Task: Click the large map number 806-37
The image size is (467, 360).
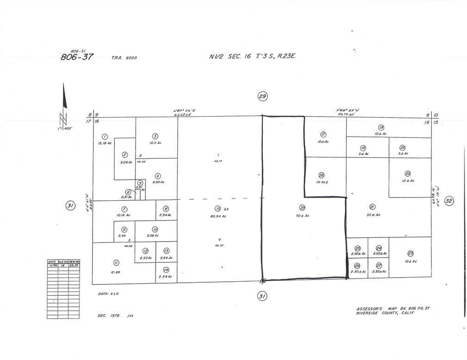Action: (x=77, y=57)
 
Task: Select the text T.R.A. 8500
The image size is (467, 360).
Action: (x=124, y=58)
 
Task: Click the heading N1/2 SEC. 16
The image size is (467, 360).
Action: (x=230, y=56)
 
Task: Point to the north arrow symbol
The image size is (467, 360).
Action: (x=65, y=102)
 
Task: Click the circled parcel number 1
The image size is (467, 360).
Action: (x=105, y=137)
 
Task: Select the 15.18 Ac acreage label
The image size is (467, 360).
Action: (x=105, y=143)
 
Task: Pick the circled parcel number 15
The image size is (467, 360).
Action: (x=218, y=209)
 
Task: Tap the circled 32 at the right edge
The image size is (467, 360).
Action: (x=448, y=201)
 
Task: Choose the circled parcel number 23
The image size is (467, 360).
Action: (x=410, y=253)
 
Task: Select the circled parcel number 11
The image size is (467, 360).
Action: (x=115, y=262)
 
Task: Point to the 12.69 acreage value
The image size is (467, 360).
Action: (x=115, y=272)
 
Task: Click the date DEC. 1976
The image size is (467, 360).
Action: (x=109, y=316)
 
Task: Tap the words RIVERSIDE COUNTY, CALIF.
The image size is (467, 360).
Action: (x=385, y=313)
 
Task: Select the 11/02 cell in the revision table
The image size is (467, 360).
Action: (x=52, y=266)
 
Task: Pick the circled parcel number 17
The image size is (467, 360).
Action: (x=323, y=134)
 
